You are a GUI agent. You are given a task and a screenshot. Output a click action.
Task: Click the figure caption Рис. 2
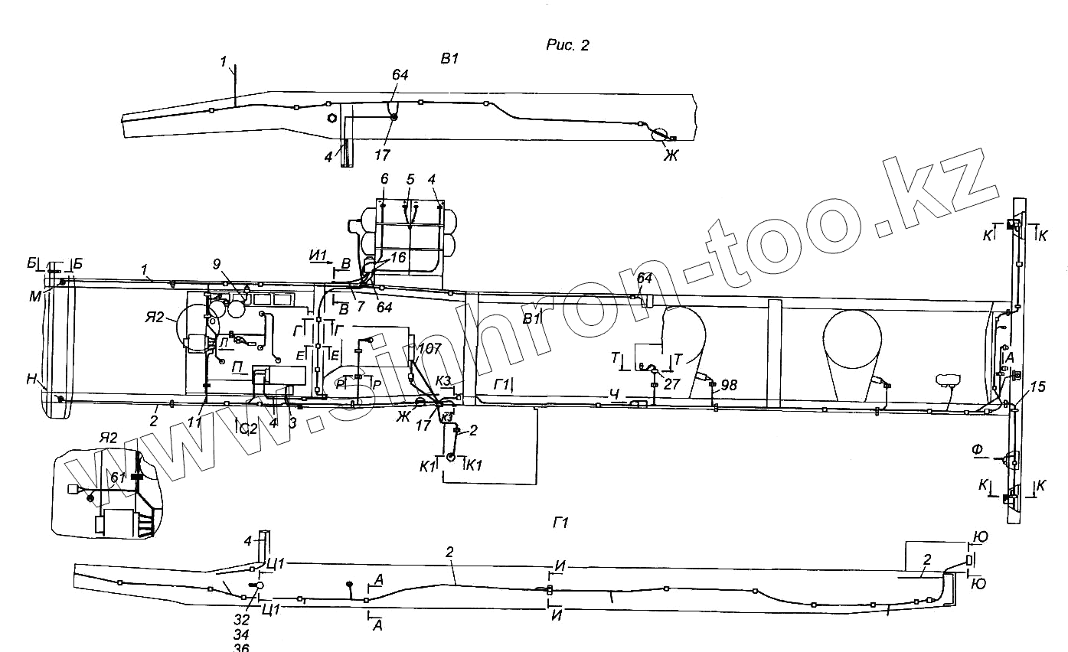pos(567,45)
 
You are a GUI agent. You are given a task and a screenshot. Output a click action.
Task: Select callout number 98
pos(728,385)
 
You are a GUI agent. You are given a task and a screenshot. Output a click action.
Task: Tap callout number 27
pos(671,385)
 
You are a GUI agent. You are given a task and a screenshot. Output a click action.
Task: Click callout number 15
pos(1037,388)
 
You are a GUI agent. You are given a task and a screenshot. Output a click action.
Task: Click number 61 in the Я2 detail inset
pos(116,478)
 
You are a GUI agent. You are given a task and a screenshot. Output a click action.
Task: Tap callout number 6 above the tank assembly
pos(384,178)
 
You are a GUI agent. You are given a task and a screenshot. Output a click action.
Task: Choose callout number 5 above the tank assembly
pos(410,178)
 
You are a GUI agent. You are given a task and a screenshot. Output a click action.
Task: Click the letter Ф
pos(977,450)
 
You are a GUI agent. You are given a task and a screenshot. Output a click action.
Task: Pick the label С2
pos(248,429)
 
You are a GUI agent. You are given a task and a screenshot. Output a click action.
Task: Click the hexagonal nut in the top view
pos(332,118)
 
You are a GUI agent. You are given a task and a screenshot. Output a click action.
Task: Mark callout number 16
pos(397,258)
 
